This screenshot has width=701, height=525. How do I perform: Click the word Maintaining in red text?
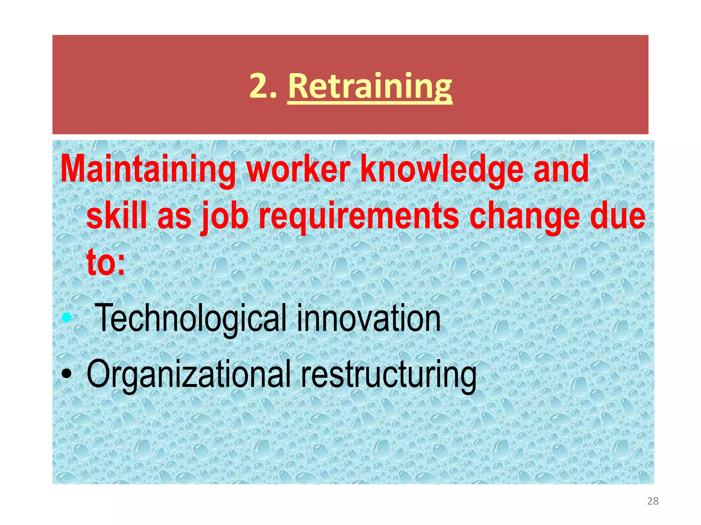point(148,169)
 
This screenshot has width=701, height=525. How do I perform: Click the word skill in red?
point(117,215)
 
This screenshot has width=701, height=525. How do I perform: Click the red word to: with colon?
point(106,262)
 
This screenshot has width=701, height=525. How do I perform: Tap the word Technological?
point(190,318)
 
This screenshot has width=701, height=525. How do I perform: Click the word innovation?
point(368,318)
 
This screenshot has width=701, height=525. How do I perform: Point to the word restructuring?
point(388,374)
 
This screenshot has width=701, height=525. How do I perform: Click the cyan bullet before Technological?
point(66,318)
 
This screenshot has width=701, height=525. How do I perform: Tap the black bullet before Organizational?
point(66,374)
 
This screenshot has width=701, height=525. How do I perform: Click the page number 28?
point(653,501)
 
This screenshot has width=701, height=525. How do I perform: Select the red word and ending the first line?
point(561,169)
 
